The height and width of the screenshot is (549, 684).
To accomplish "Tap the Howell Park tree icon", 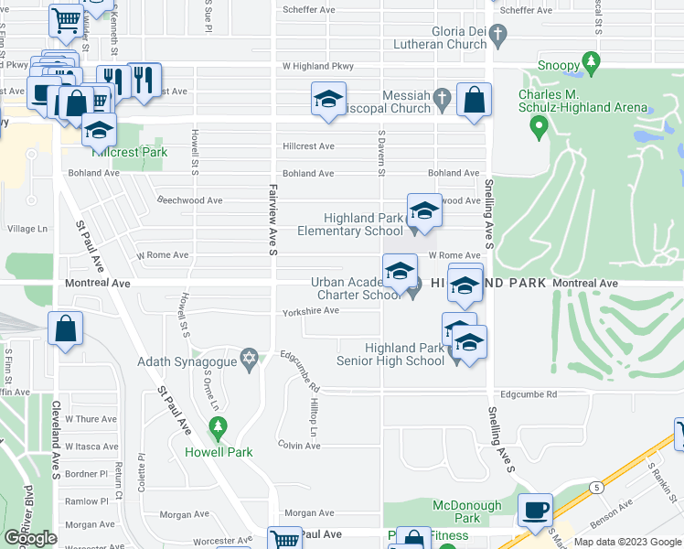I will pos(218,426).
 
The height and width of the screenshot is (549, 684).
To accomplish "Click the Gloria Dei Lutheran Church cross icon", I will pos(497,36).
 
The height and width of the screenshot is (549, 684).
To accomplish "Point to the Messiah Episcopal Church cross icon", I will pos(442,96).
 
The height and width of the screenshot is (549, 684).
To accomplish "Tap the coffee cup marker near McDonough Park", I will pos(535,510).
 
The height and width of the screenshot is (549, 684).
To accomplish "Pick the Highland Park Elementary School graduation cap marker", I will pos(423,212).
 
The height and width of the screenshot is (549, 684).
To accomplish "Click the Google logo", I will pos(30,538).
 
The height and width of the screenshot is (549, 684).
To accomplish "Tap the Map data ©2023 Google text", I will pos(627,542).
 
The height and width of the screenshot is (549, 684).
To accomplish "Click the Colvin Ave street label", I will pos(299,445).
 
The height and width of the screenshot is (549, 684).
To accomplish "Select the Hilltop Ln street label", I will pos(315,417).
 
